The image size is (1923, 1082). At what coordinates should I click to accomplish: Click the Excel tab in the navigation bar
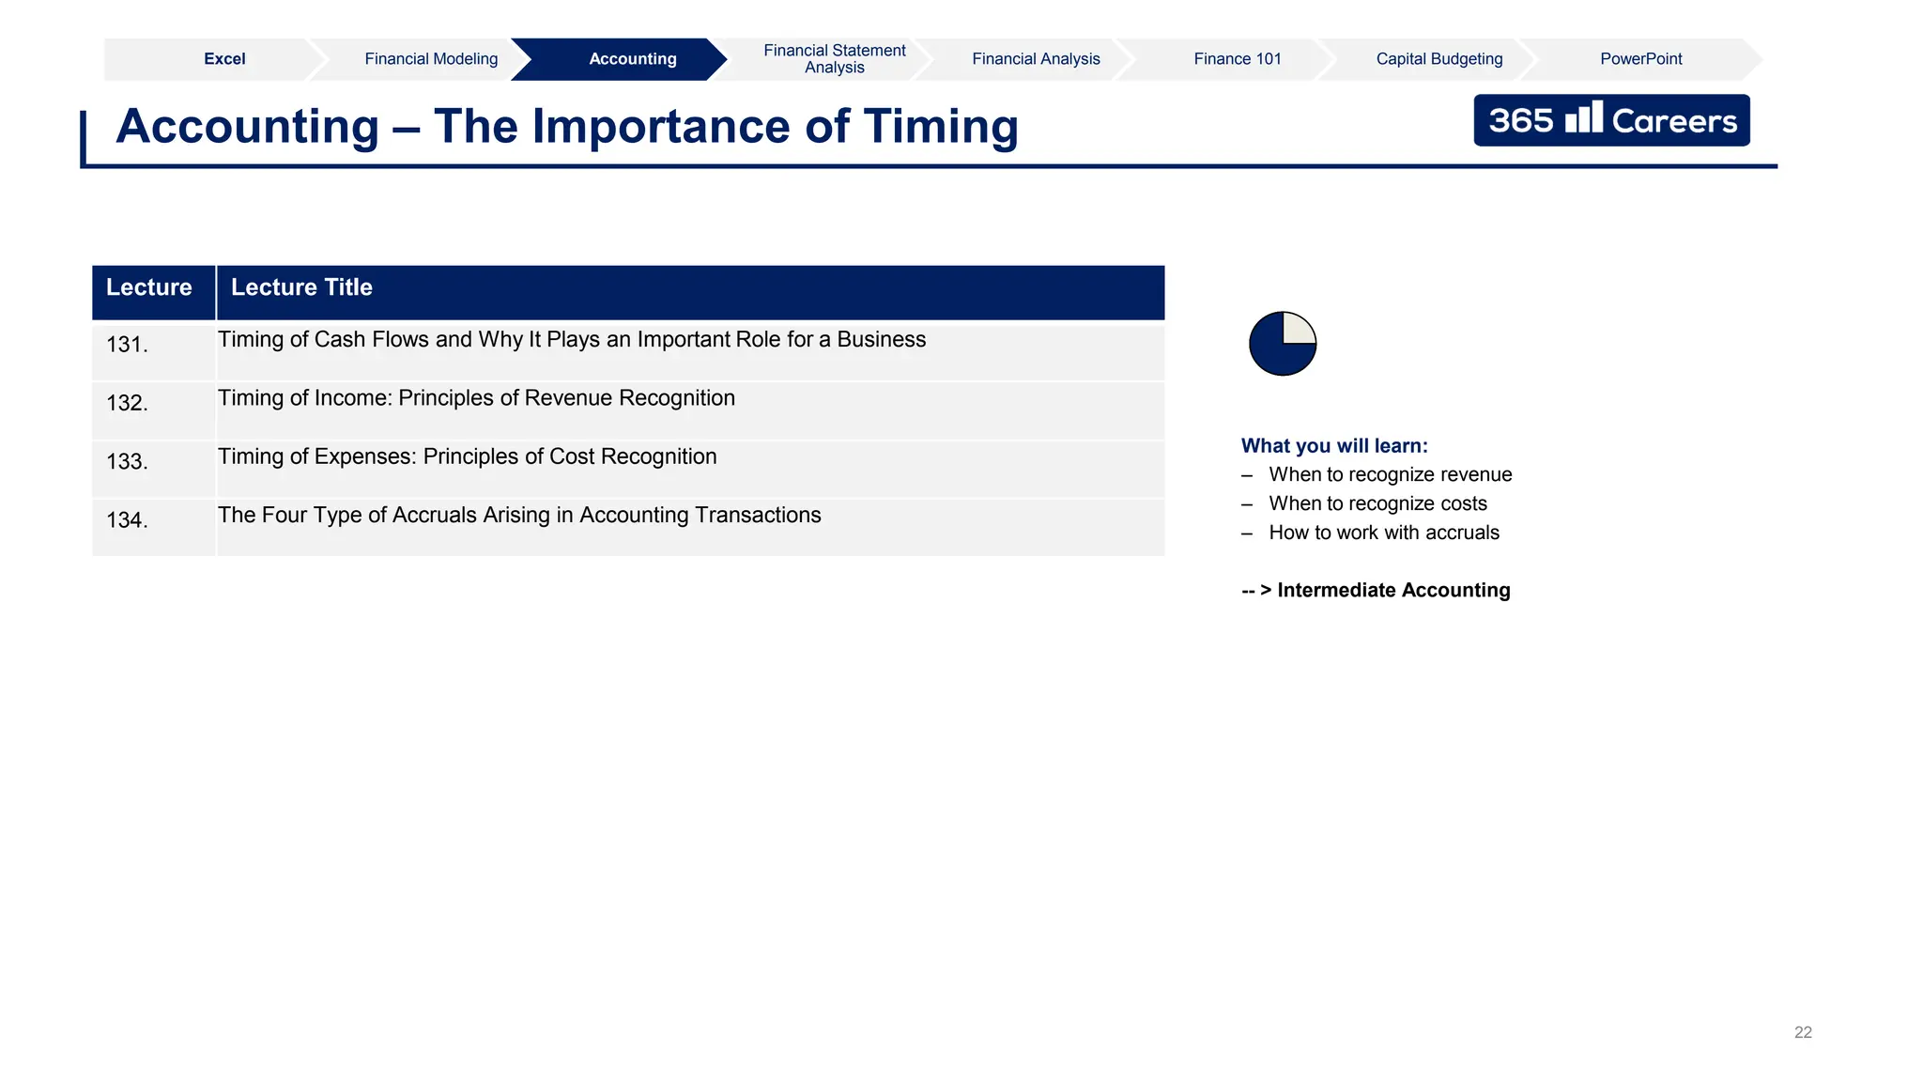(224, 59)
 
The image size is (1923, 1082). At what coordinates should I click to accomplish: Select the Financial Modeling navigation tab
(431, 59)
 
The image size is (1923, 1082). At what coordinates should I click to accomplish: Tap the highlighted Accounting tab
(632, 59)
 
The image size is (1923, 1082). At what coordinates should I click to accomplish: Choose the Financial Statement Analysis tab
(834, 59)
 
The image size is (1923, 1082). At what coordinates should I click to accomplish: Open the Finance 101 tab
(1237, 59)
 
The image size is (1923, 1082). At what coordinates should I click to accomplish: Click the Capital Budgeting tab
(1438, 59)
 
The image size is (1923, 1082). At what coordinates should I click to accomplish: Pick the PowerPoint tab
(1640, 59)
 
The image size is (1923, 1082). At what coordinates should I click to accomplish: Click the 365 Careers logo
(1611, 120)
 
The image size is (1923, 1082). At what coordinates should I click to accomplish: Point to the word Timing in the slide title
(940, 127)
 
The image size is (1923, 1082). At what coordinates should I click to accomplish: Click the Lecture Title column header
(301, 287)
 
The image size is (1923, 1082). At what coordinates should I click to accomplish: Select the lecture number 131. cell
(127, 345)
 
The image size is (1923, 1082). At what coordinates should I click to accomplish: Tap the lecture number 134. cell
(127, 520)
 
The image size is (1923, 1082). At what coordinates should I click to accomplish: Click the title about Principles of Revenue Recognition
(476, 398)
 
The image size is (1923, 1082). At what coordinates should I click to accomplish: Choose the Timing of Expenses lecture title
(467, 456)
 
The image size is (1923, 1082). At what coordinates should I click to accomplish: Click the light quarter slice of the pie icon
(1297, 329)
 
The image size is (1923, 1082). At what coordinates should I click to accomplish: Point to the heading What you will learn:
(1333, 446)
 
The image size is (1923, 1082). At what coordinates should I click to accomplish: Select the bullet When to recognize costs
(1377, 504)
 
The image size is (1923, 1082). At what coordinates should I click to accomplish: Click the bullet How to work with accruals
(1384, 533)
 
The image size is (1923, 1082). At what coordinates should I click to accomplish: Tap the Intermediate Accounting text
(1392, 591)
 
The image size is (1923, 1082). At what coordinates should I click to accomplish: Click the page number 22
(1803, 1032)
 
